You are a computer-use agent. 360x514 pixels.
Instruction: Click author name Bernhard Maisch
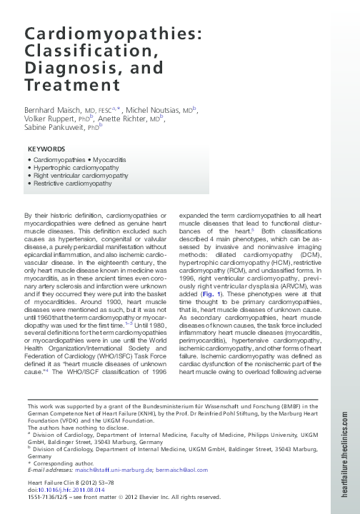click(54, 111)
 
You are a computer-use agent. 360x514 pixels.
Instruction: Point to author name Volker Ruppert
click(47, 120)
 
